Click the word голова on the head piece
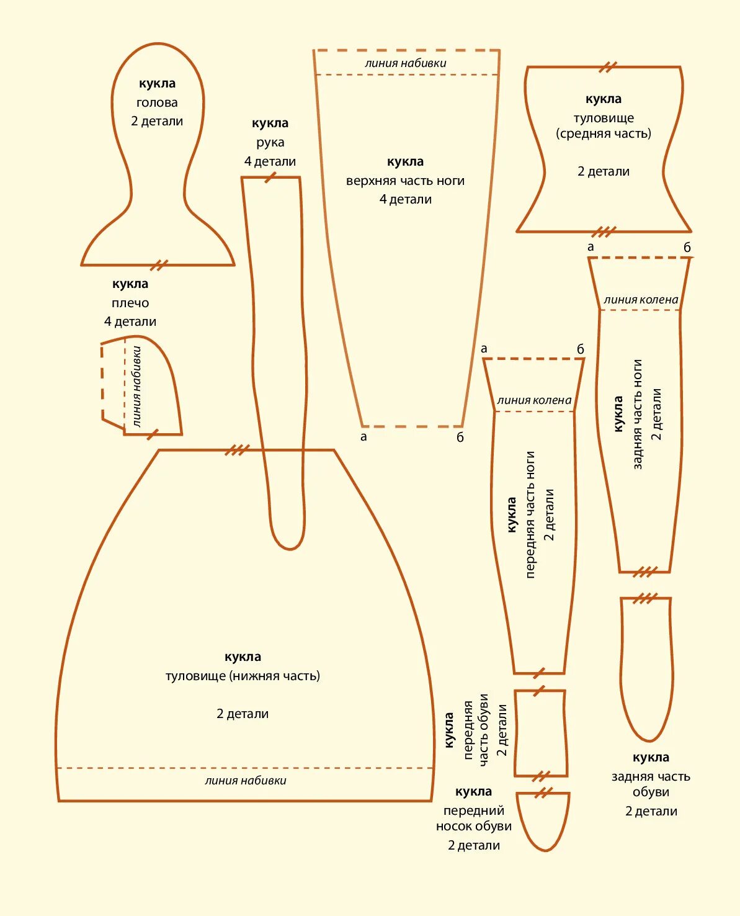[x=157, y=102]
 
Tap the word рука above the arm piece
[x=270, y=142]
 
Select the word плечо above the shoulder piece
[x=130, y=303]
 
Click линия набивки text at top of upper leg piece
[x=406, y=63]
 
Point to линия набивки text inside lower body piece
[x=246, y=780]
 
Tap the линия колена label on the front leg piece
[x=534, y=400]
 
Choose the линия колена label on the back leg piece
[x=641, y=300]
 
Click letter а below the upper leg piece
[x=363, y=436]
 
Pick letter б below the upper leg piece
[x=460, y=437]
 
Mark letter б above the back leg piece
[x=687, y=247]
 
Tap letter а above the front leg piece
[x=484, y=349]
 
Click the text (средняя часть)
[x=604, y=133]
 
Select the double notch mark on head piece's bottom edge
[x=159, y=265]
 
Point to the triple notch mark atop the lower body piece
[x=236, y=450]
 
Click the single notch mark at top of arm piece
[x=270, y=177]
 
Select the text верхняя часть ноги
[x=405, y=181]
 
